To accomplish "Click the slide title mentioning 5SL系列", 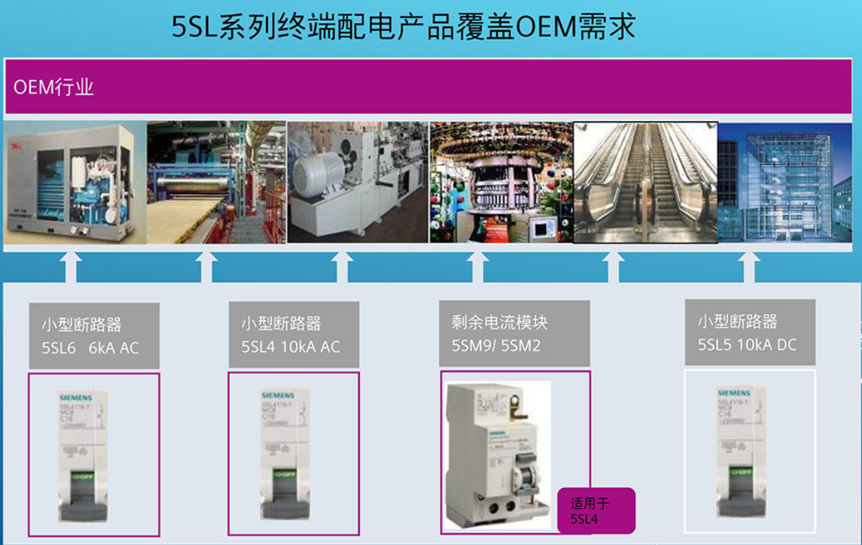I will pos(403,26).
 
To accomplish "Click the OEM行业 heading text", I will pos(54,88).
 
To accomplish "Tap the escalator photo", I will pos(644,182).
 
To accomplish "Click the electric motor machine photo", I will pos(357,182).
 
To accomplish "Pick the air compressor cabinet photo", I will pos(74,182).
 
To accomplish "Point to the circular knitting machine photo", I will pos(501,182).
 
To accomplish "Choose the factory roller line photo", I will pos(215,182).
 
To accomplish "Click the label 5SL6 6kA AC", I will pos(91,348).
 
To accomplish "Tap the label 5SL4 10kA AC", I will pos(290,347).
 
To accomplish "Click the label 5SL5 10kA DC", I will pos(747,345).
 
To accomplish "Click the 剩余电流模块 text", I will pos(499,323).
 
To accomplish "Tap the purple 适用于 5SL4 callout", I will pos(594,511).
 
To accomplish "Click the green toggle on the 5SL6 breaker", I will pos(83,477).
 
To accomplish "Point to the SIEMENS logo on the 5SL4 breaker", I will pos(278,395).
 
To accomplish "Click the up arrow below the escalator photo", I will pos(613,267).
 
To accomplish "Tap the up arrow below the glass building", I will pos(749,267).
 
